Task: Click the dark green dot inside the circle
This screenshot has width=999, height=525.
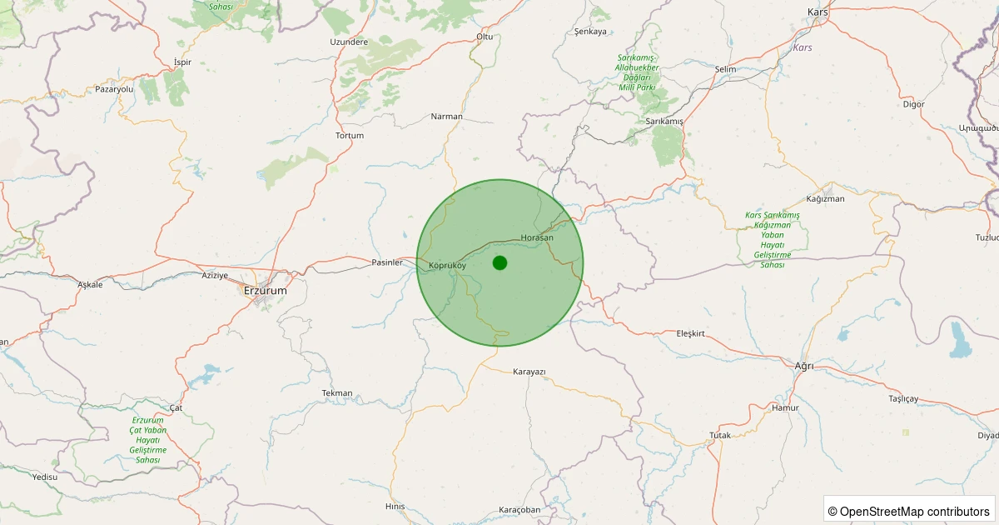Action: (x=499, y=262)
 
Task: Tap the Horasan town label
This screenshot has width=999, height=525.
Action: (x=536, y=238)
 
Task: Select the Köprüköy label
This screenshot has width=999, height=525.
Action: (x=447, y=266)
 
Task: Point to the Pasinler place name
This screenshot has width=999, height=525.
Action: (x=387, y=262)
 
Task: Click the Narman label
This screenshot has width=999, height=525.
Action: (x=446, y=116)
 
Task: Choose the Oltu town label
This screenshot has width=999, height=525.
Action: (x=485, y=37)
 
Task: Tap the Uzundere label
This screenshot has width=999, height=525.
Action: (x=349, y=42)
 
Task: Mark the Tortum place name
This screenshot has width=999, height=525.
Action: (x=350, y=135)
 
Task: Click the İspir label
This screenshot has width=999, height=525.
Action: (x=182, y=62)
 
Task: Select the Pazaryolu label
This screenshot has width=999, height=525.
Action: (x=114, y=88)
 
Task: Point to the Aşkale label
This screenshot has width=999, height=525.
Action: (x=90, y=284)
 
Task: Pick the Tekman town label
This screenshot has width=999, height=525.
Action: (x=337, y=392)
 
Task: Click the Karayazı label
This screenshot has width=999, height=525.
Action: (x=529, y=371)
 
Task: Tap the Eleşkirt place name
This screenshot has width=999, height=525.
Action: (x=691, y=333)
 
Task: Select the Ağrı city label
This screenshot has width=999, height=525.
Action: (x=804, y=366)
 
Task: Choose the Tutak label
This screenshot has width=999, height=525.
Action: (x=719, y=435)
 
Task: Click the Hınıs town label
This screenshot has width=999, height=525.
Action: (x=395, y=506)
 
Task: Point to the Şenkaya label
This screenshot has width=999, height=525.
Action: (x=591, y=32)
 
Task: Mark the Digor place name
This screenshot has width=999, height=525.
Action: (x=913, y=104)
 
